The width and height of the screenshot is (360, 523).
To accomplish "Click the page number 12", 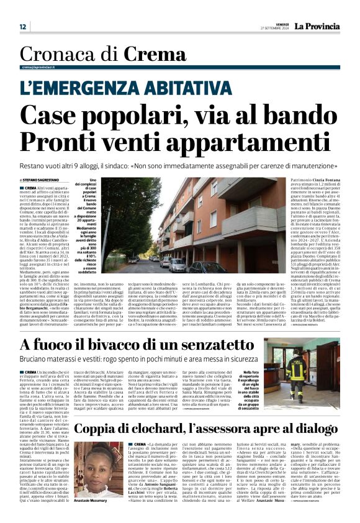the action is (x=22, y=27).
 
